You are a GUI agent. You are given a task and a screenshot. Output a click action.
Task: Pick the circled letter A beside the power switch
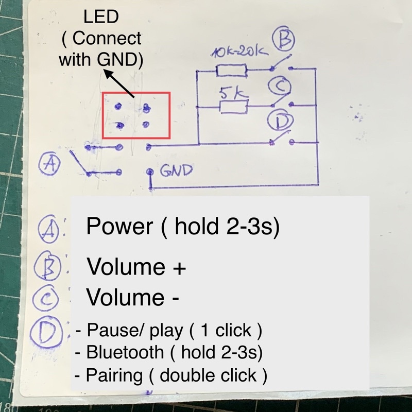pos(50,164)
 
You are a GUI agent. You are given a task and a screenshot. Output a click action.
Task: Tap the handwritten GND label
pos(176,169)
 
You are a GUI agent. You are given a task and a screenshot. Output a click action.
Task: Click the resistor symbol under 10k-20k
pos(232,71)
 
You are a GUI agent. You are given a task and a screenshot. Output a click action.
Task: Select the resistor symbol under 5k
pos(233,107)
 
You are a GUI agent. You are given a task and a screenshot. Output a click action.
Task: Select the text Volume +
pos(136,267)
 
